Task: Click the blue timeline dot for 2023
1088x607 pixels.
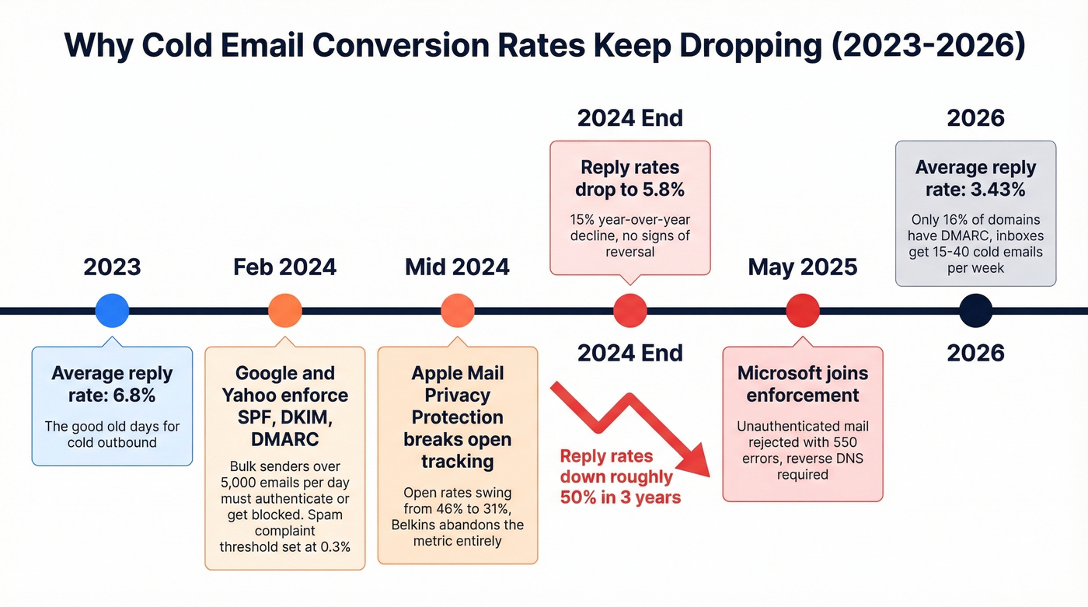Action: coord(111,311)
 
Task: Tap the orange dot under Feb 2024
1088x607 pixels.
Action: coord(284,311)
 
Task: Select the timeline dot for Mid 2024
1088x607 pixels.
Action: coord(457,311)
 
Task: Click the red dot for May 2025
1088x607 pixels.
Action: coord(803,311)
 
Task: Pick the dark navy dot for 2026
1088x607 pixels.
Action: coord(976,311)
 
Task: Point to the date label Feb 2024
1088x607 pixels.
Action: coord(284,267)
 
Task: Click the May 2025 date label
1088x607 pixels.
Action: coord(803,267)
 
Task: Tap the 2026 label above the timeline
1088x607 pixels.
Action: coord(976,118)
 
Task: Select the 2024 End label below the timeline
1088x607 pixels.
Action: coord(629,353)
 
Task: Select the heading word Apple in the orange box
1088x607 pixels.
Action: coord(436,373)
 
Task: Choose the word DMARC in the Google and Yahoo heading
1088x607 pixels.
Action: coord(284,439)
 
